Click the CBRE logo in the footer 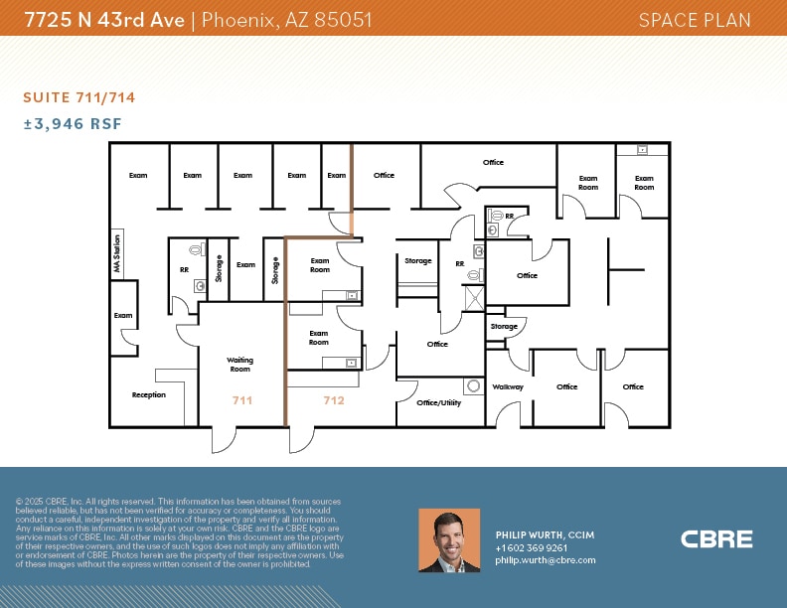click(716, 539)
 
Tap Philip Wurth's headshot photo click(449, 540)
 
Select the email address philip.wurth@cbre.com click(546, 560)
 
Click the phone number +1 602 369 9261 click(532, 547)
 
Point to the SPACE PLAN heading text click(695, 20)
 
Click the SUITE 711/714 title click(79, 97)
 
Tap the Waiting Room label click(240, 364)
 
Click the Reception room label click(149, 395)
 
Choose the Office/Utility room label click(439, 402)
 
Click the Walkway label click(508, 386)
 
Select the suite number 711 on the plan click(242, 400)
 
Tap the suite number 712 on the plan click(333, 400)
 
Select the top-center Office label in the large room click(493, 162)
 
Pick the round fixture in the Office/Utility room click(473, 385)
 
